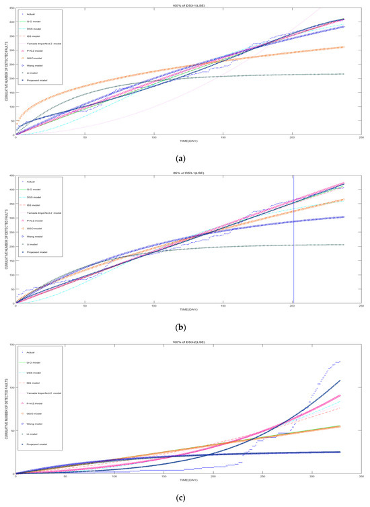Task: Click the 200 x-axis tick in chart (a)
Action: (x=293, y=138)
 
